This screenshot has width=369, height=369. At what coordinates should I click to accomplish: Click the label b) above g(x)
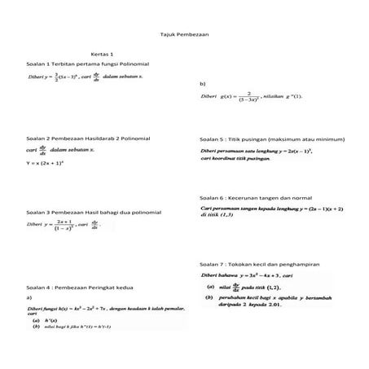pyautogui.click(x=202, y=84)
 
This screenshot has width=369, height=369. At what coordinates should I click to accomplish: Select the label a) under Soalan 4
pyautogui.click(x=29, y=298)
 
